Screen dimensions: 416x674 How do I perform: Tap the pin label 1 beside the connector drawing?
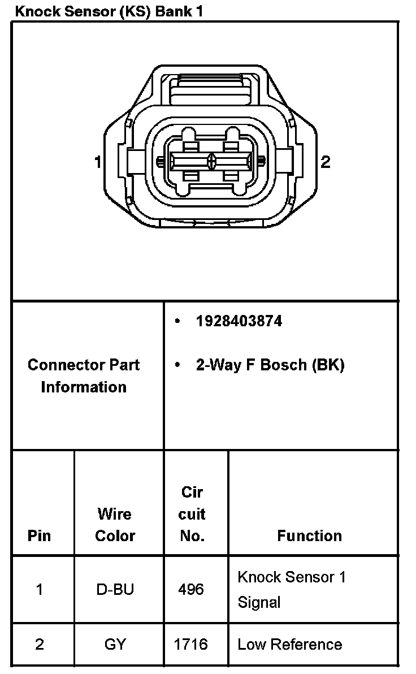click(98, 162)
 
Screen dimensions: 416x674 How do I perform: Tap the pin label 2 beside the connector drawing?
click(325, 162)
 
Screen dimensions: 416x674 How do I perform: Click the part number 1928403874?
click(239, 322)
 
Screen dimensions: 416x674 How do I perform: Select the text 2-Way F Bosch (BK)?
click(270, 365)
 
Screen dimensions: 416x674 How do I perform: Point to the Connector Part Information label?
click(84, 376)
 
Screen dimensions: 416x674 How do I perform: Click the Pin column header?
click(39, 536)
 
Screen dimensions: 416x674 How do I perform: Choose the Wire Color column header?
click(115, 525)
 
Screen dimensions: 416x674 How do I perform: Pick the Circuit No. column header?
click(192, 514)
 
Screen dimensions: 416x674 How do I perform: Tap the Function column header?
click(309, 536)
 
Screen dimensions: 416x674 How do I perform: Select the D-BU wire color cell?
click(115, 590)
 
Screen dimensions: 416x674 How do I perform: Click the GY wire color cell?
click(115, 645)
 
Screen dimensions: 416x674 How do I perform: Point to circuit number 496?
click(190, 590)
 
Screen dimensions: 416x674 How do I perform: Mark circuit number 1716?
click(191, 645)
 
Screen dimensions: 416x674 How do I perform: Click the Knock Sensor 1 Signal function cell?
click(291, 589)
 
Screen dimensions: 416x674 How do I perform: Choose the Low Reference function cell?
click(289, 645)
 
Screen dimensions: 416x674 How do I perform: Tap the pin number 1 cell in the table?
click(39, 590)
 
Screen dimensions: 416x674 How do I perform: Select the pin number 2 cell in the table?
click(39, 645)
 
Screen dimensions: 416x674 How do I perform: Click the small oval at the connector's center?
click(212, 162)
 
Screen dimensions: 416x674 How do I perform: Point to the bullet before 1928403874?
click(177, 322)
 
